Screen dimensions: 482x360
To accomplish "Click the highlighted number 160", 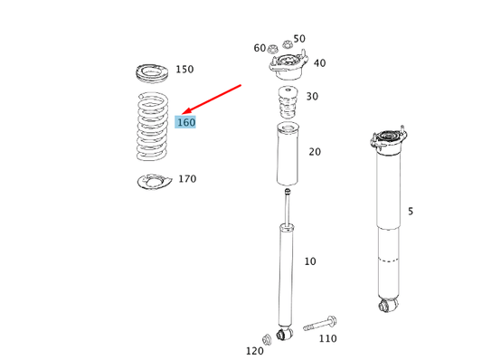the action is (x=185, y=122).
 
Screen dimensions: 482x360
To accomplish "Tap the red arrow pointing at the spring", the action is (x=212, y=99).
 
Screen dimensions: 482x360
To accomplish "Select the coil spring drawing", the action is (x=152, y=127).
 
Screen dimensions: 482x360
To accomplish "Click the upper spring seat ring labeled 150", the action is (x=152, y=73).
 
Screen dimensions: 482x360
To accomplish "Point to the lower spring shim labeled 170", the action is (x=154, y=182).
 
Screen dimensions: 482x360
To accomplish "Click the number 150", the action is (x=184, y=69).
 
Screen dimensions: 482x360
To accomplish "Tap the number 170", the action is (x=187, y=178).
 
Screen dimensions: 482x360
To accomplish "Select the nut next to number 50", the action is (x=287, y=44).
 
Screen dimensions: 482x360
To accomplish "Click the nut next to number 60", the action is (x=272, y=49).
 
